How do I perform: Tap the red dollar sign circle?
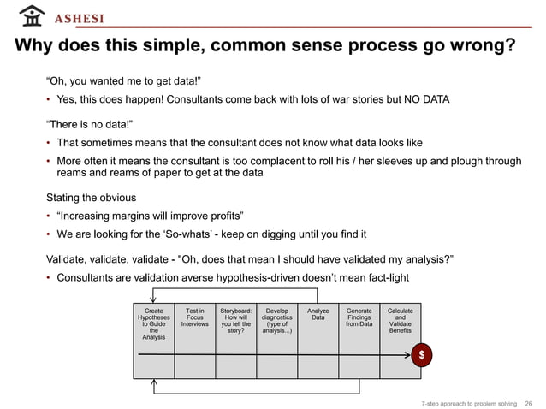[x=419, y=355]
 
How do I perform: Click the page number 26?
[x=528, y=401]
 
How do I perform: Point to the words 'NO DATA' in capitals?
[x=423, y=100]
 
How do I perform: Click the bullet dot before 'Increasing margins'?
[x=49, y=215]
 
